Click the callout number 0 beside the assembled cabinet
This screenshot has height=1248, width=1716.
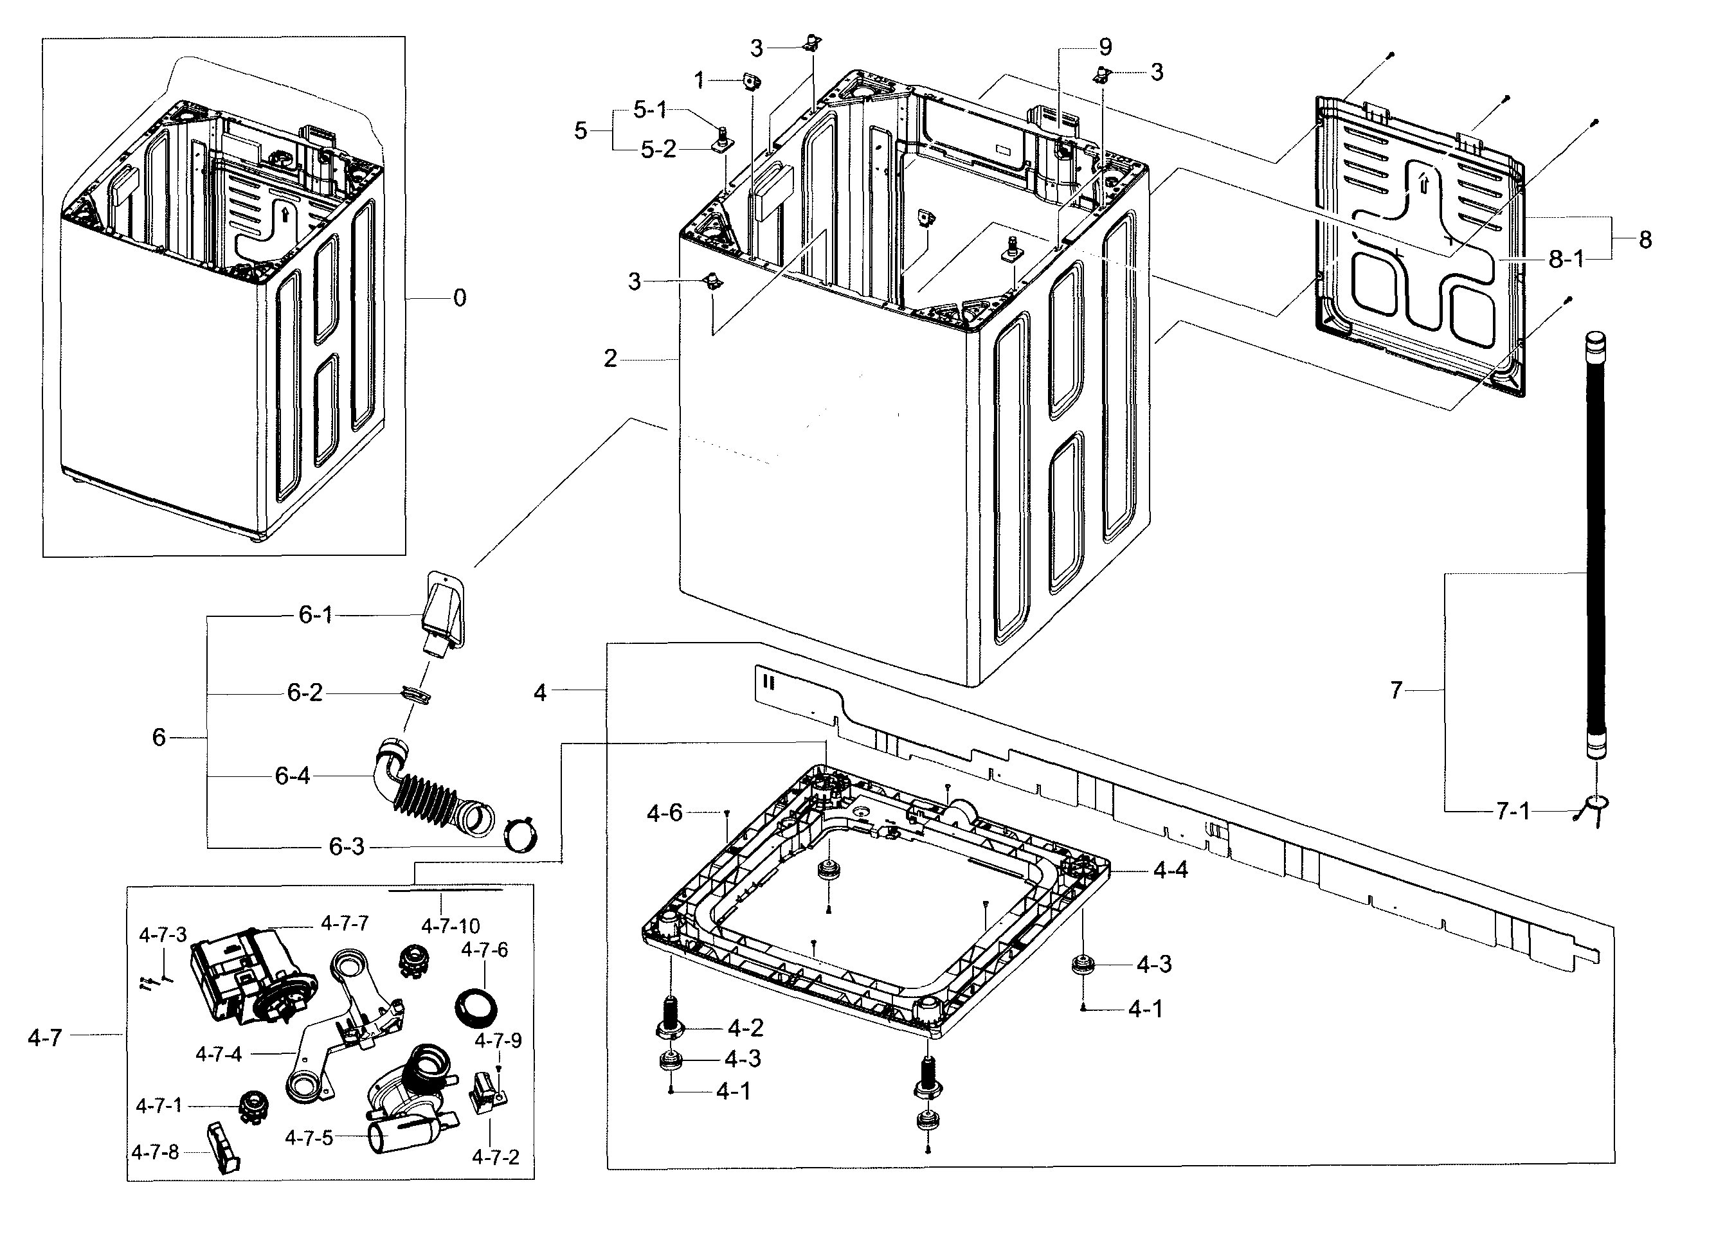point(459,299)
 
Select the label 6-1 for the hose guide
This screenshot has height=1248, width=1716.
point(316,615)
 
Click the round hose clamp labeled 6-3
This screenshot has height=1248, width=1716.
point(521,834)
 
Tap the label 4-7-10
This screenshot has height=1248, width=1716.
point(450,926)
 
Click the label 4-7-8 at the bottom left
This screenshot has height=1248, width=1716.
point(155,1153)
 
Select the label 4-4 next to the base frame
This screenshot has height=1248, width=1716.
point(1171,871)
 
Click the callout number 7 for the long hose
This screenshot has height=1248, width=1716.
point(1396,690)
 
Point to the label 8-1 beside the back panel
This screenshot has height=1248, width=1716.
point(1566,260)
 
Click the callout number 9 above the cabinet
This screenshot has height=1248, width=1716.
point(1105,47)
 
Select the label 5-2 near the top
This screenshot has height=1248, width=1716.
point(658,150)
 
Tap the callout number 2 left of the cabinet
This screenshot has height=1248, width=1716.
point(610,359)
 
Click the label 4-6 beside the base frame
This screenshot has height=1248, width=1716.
point(664,813)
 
